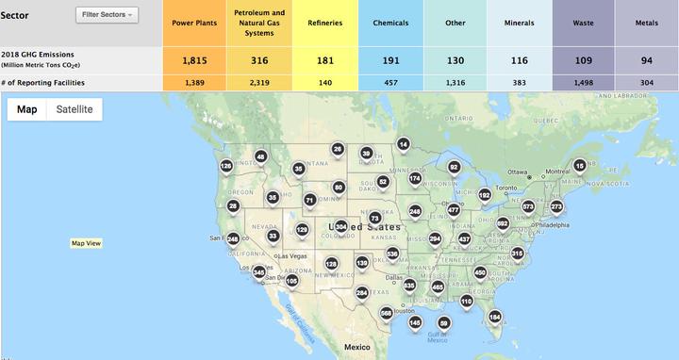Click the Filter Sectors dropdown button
[107, 15]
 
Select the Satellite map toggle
[75, 109]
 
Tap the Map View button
[86, 243]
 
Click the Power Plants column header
[196, 22]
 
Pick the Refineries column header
[324, 22]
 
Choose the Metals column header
[646, 22]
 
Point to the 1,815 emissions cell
[196, 60]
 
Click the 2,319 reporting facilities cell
[259, 84]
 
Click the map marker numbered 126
[226, 165]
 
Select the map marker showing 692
[503, 222]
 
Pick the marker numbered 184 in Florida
[495, 316]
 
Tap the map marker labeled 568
[386, 312]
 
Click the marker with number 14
[403, 143]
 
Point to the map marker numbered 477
[454, 208]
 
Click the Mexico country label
[356, 347]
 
